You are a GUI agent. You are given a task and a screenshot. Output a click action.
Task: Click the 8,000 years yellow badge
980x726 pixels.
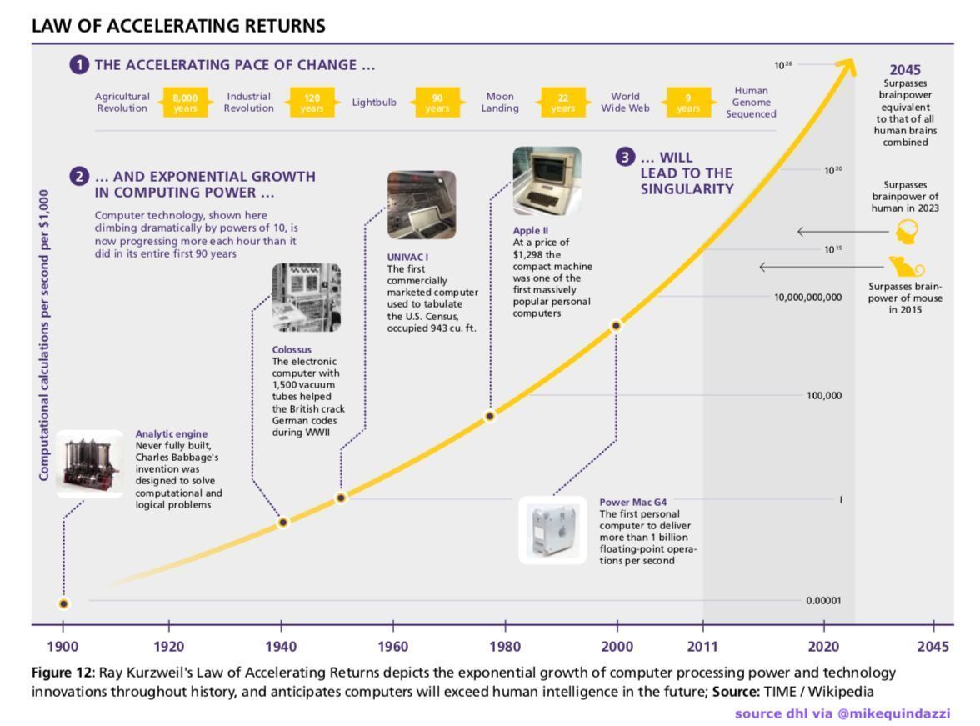(x=185, y=103)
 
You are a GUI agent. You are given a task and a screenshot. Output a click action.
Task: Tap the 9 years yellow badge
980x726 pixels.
(x=688, y=103)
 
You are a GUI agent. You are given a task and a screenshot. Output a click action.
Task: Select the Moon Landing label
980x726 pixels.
(x=500, y=103)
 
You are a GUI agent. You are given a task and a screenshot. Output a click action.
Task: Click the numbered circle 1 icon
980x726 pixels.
(x=79, y=65)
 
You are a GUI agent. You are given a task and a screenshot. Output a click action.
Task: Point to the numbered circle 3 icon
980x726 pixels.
(x=625, y=157)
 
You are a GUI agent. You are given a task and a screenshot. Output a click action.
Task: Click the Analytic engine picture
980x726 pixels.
(x=89, y=465)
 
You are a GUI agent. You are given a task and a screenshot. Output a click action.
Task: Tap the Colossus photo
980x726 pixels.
(x=306, y=298)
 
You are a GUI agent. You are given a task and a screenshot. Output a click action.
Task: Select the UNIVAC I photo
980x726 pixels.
(x=421, y=205)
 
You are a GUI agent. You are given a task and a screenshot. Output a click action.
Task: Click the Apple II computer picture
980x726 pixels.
(x=547, y=181)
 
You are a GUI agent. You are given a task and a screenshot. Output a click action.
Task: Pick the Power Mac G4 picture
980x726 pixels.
(x=552, y=530)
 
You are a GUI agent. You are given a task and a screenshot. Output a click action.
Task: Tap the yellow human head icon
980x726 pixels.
(x=907, y=232)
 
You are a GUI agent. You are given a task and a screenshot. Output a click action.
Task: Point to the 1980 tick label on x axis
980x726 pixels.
(x=505, y=647)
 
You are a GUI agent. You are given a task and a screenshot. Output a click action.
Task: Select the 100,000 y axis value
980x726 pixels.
(x=823, y=396)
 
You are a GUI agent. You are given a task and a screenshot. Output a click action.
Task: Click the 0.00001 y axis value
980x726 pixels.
(x=823, y=600)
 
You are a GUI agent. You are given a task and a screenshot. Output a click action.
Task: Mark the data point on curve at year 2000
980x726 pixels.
(x=617, y=326)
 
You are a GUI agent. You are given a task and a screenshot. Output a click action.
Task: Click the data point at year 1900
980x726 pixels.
(x=63, y=603)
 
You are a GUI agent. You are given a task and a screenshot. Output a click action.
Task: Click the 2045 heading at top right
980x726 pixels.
(x=905, y=70)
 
